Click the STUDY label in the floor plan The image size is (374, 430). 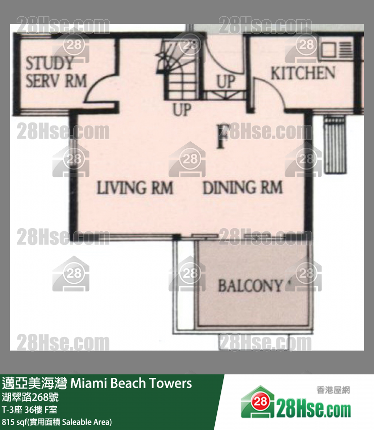[50, 63]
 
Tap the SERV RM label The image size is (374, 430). [56, 81]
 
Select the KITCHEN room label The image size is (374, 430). [303, 73]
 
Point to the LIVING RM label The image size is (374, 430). [135, 188]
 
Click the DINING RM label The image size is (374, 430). [243, 188]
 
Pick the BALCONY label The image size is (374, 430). [251, 285]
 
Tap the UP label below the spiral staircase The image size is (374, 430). [181, 110]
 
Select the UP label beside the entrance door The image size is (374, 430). [226, 82]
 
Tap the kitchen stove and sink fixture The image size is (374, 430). [336, 50]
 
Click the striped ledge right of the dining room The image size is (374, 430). [335, 145]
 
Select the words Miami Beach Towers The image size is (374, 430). [131, 383]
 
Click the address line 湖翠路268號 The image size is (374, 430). [30, 397]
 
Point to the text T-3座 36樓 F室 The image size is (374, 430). [30, 410]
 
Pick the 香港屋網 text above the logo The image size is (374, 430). [333, 390]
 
